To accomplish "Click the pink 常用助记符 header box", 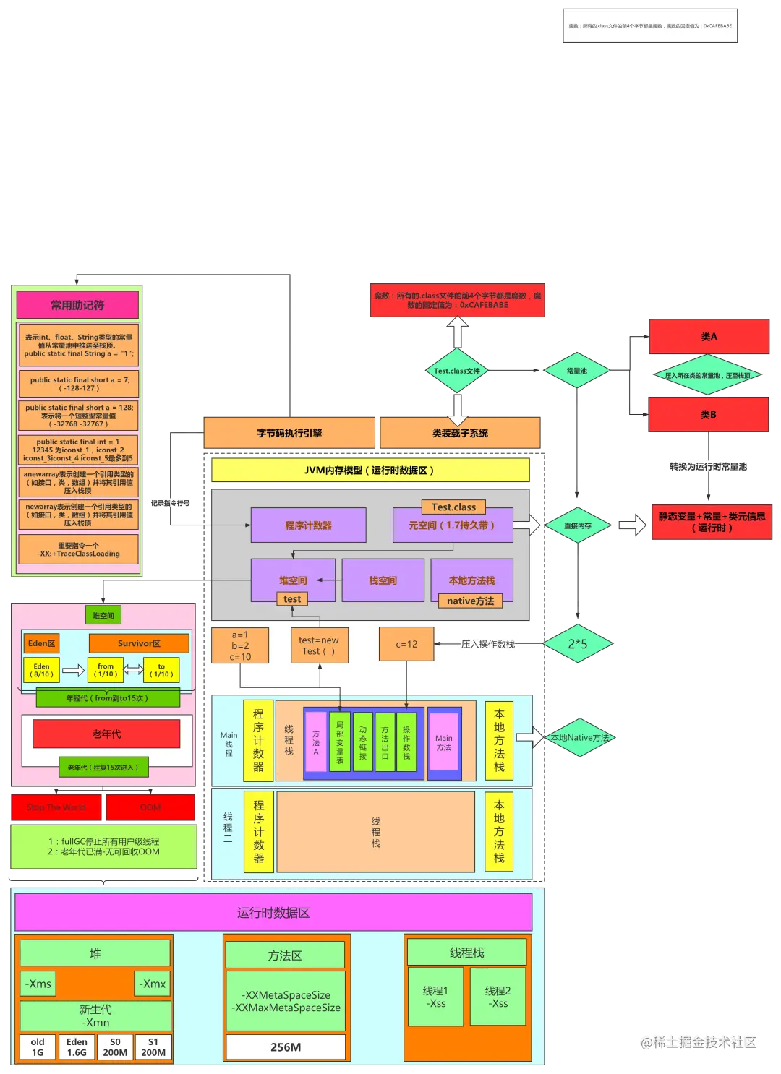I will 77,305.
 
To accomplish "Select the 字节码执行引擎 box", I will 289,433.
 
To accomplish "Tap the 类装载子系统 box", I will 460,433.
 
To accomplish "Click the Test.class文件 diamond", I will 456,371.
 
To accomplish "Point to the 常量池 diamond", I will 576,371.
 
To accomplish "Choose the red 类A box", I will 709,337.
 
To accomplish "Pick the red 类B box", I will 709,415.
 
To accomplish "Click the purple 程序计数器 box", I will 308,525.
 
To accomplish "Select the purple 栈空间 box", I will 383,580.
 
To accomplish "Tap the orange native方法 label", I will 470,601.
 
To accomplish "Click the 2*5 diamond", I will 577,643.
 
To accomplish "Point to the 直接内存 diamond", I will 577,525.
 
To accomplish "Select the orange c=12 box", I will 406,644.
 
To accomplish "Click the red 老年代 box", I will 106,734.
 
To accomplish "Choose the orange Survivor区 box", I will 139,643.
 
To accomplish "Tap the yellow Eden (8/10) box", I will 42,670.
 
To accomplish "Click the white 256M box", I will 286,1047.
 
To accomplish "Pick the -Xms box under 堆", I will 38,984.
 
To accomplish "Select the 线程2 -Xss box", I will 498,997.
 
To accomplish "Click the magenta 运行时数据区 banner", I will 273,913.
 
